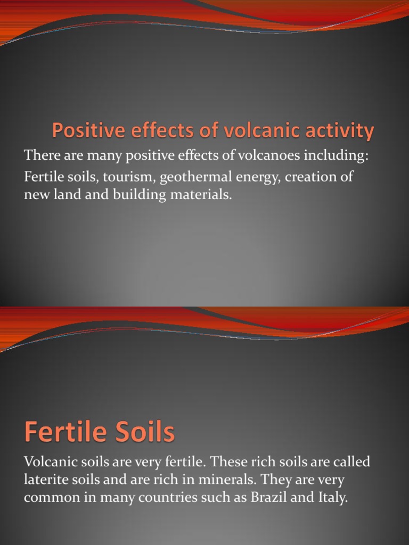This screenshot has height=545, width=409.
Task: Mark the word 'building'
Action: point(136,195)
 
